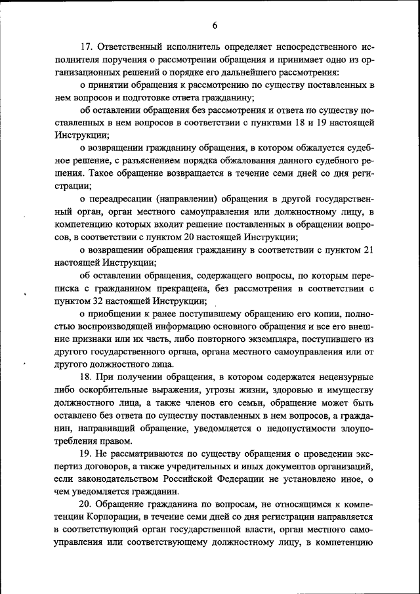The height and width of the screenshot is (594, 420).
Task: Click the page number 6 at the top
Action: point(215,26)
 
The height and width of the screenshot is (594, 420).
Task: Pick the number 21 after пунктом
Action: point(367,251)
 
